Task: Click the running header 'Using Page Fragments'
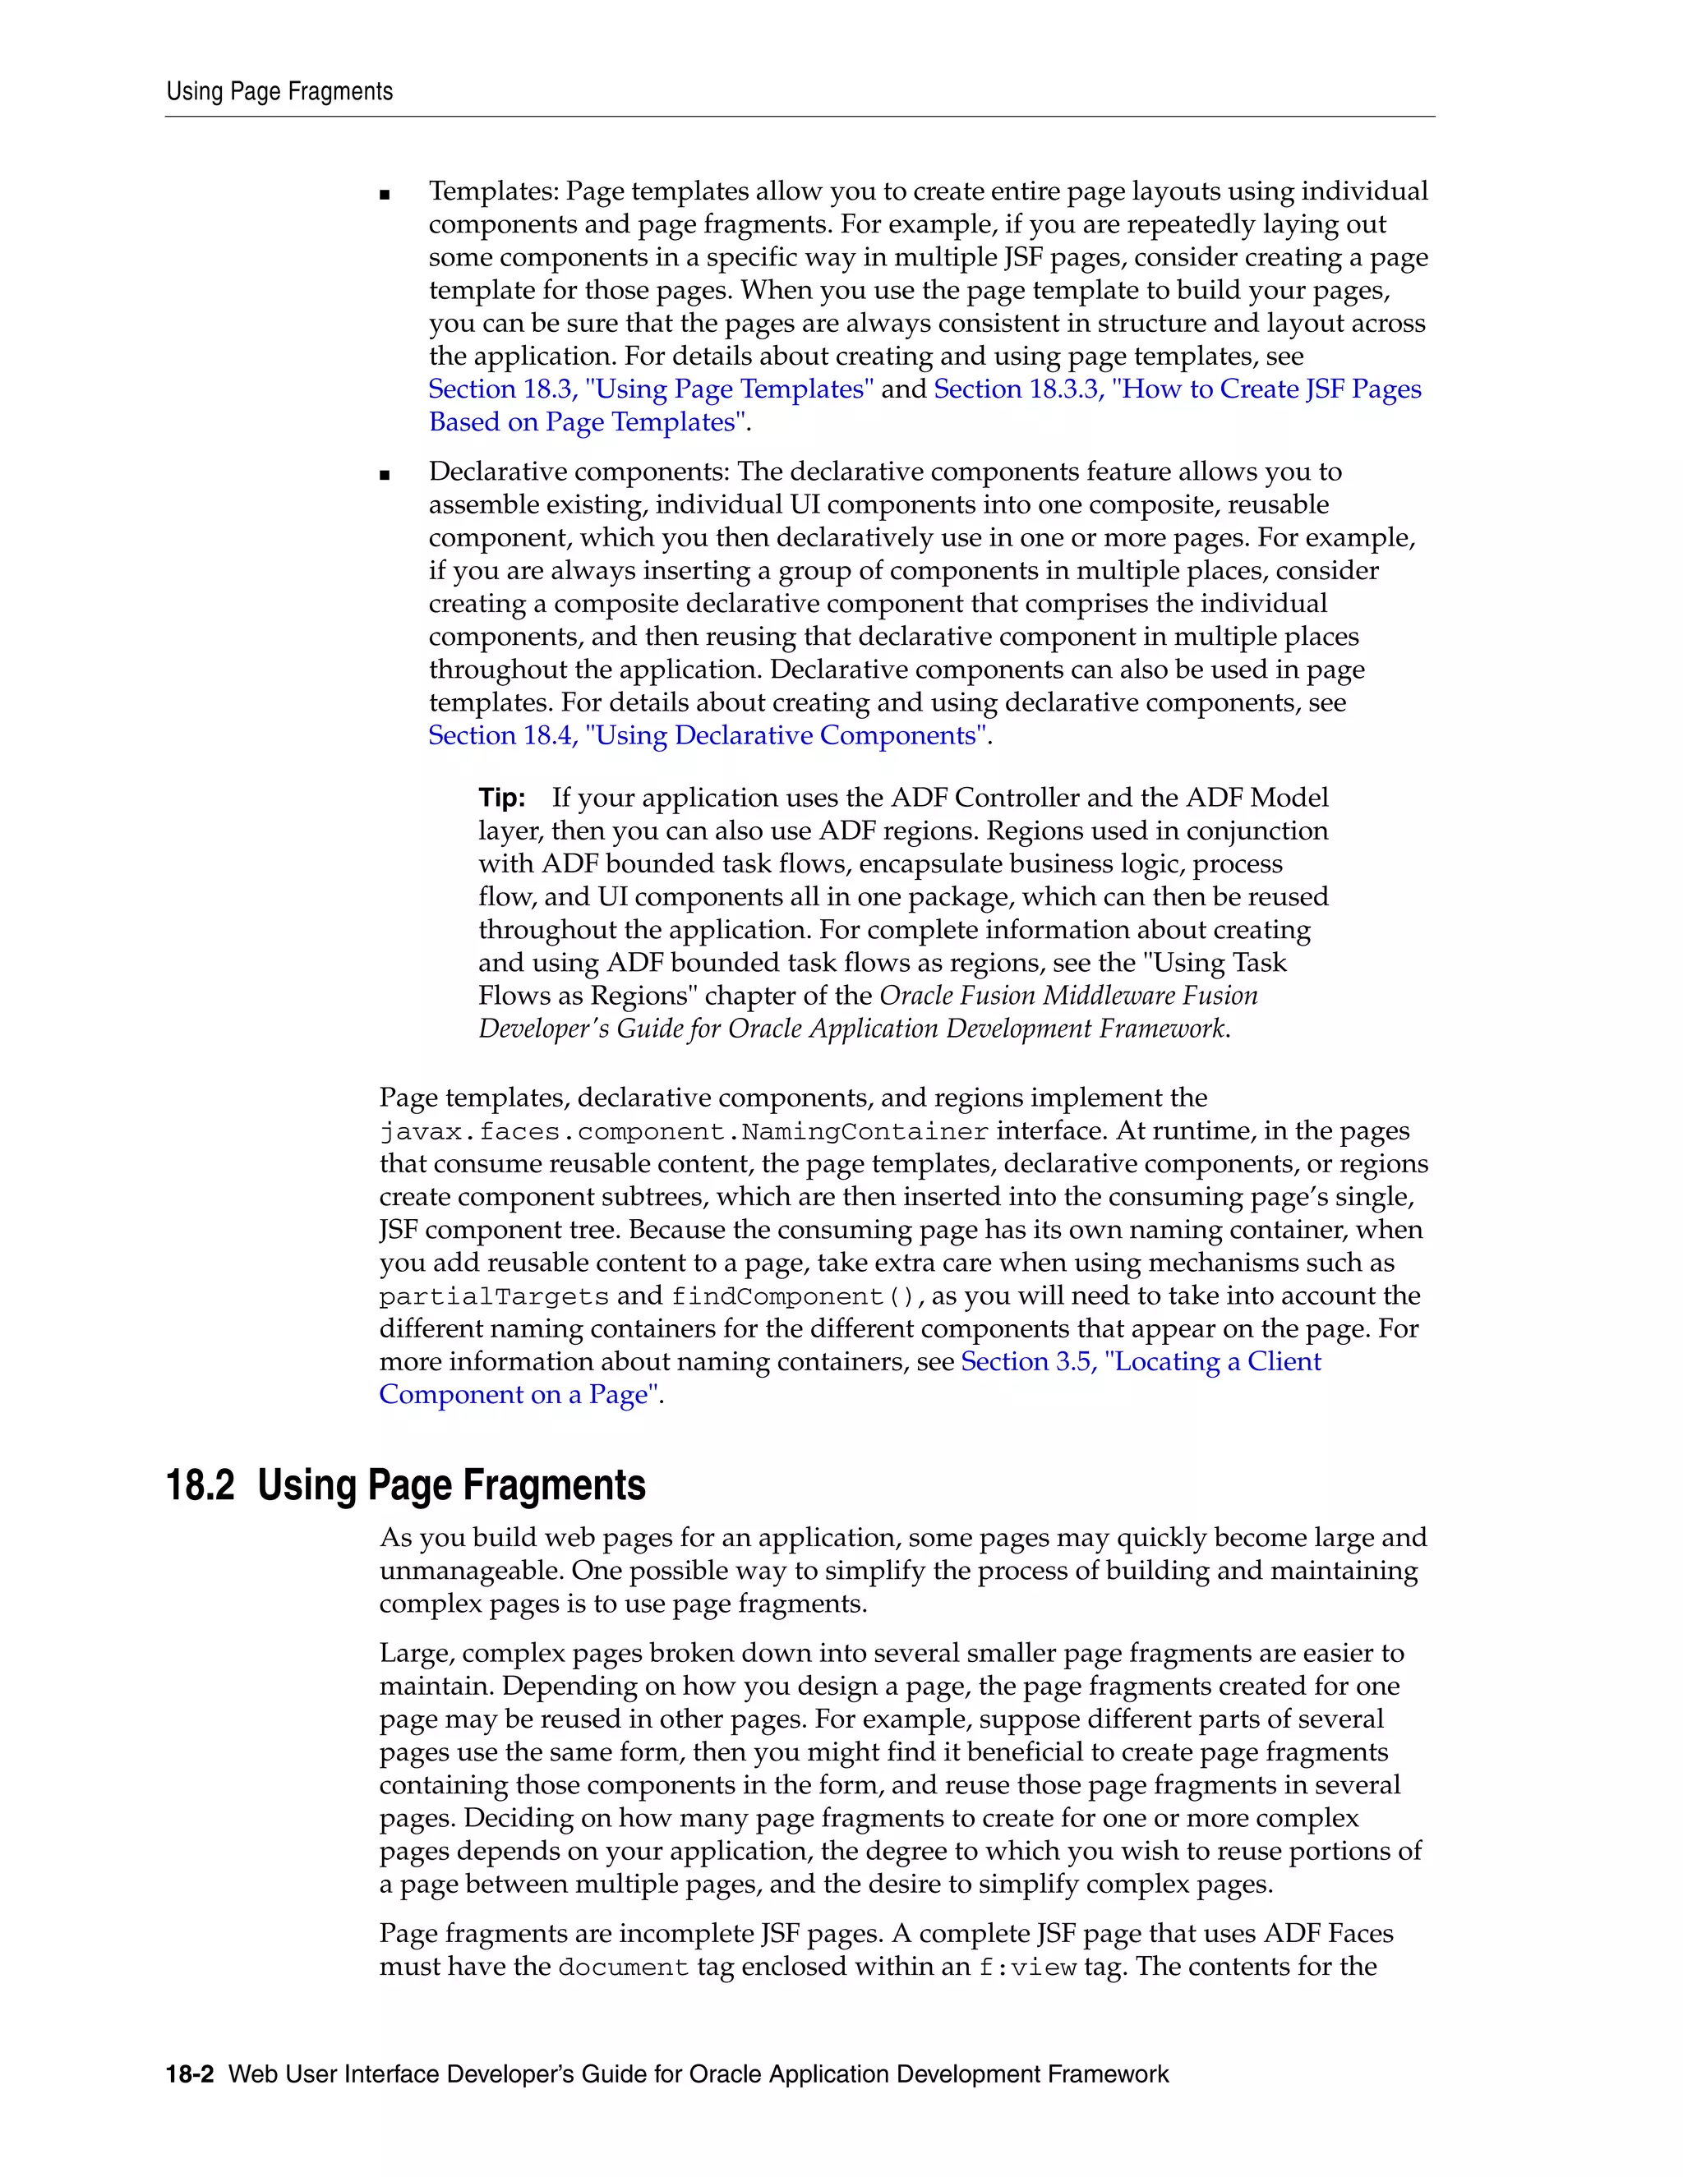coord(279,92)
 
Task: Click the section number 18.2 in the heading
coord(200,1485)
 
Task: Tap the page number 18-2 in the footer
coord(190,2074)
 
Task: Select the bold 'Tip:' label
coord(501,799)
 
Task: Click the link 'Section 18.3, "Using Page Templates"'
coord(651,389)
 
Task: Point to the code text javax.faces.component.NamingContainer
coord(684,1132)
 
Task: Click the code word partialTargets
coord(494,1297)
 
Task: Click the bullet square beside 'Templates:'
coord(385,196)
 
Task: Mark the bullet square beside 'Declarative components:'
coord(385,476)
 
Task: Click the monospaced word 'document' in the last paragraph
coord(623,1968)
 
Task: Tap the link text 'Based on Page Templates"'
coord(588,422)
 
